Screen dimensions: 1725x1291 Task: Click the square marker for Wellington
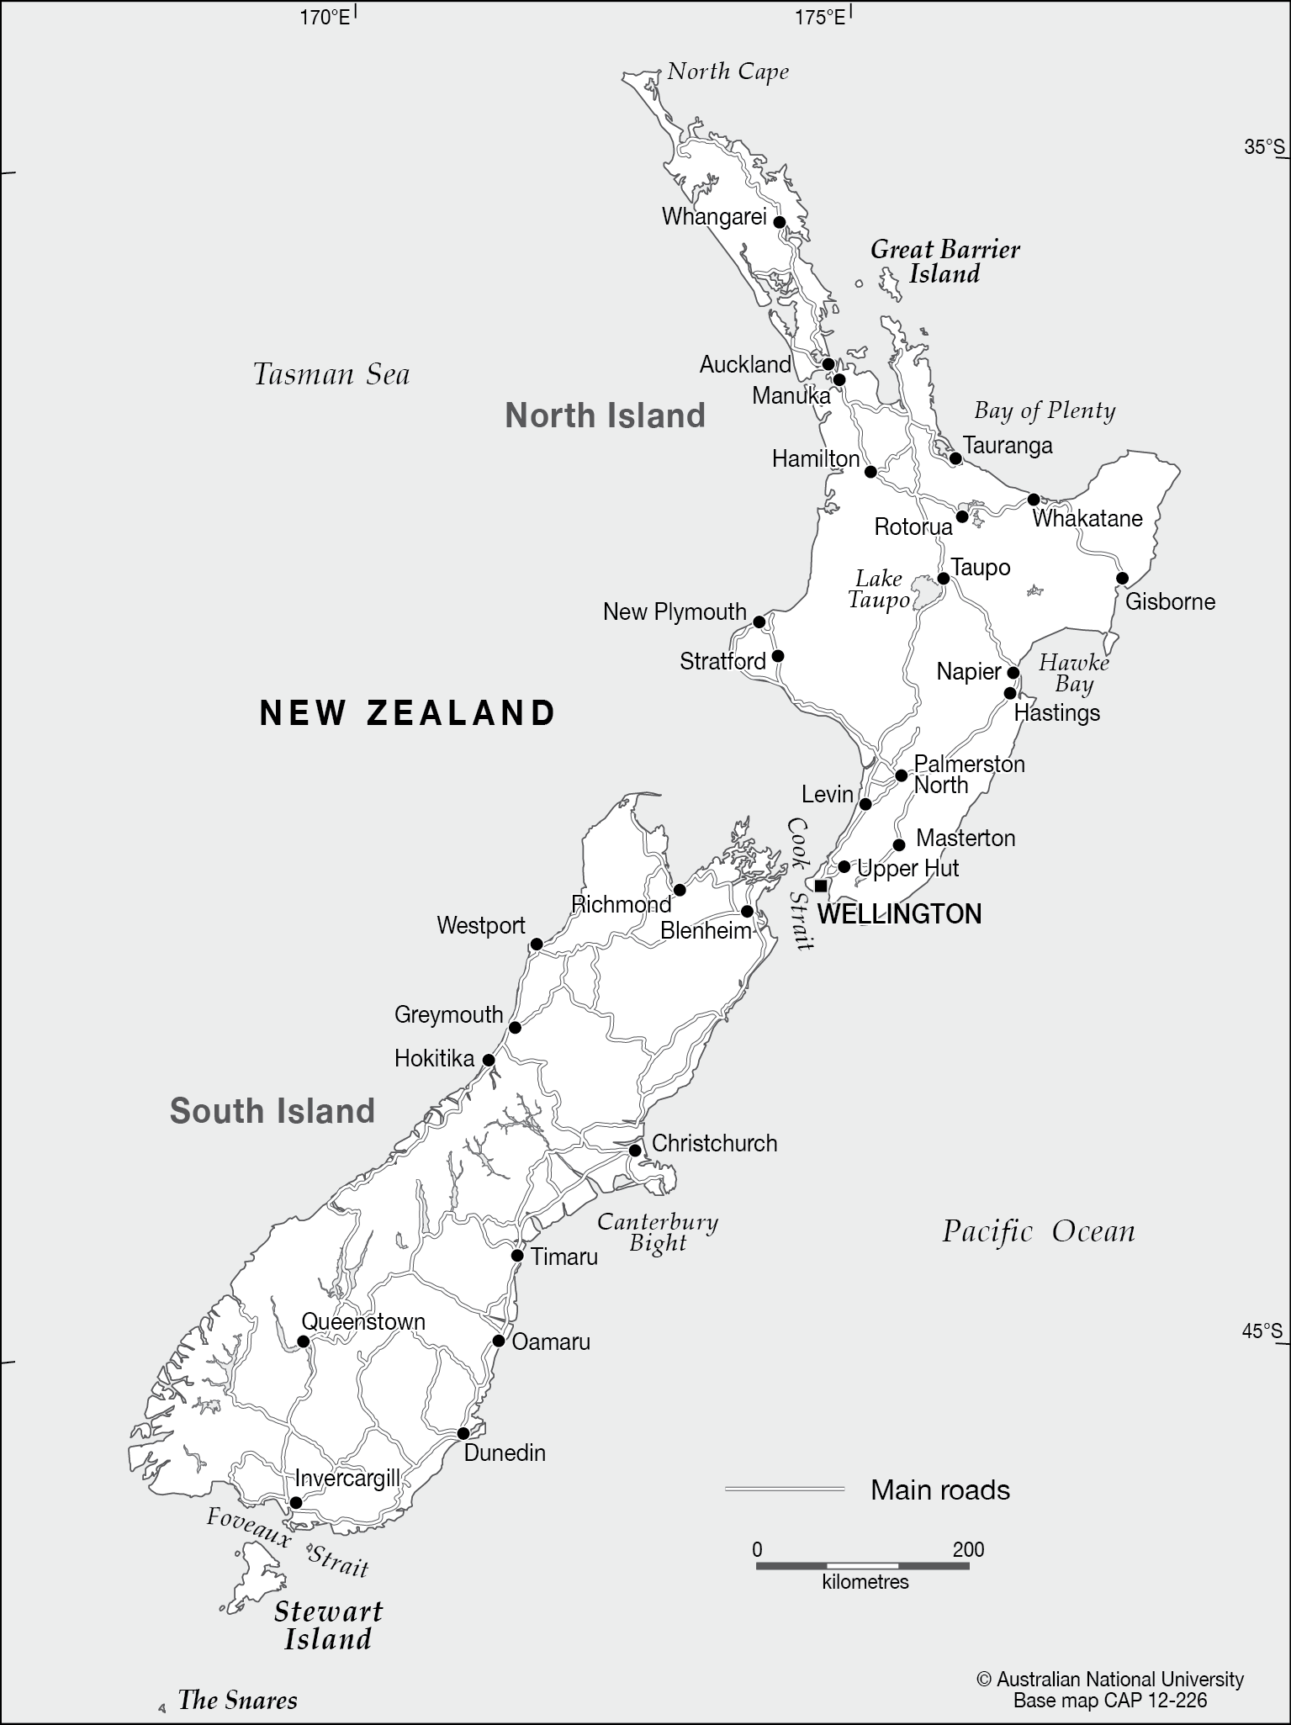[821, 886]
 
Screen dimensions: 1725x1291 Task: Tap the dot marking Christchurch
[635, 1151]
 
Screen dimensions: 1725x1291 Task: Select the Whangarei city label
[713, 217]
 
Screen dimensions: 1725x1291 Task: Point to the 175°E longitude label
[820, 16]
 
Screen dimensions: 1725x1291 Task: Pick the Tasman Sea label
[331, 374]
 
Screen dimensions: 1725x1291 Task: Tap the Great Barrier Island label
[944, 262]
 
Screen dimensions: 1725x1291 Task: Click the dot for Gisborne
[1122, 578]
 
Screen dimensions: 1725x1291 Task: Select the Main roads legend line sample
[784, 1490]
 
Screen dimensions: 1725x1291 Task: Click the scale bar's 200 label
[968, 1549]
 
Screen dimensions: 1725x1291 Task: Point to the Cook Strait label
[800, 883]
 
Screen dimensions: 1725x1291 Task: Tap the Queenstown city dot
[303, 1341]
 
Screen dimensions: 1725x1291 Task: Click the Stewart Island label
[328, 1625]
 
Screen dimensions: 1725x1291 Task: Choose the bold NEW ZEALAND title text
[407, 713]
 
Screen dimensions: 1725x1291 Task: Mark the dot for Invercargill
[296, 1503]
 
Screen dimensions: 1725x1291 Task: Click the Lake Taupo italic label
[878, 589]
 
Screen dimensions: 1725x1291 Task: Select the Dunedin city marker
[463, 1433]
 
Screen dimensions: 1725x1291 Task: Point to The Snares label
[237, 1701]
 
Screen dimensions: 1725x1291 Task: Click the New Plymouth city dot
[759, 622]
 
